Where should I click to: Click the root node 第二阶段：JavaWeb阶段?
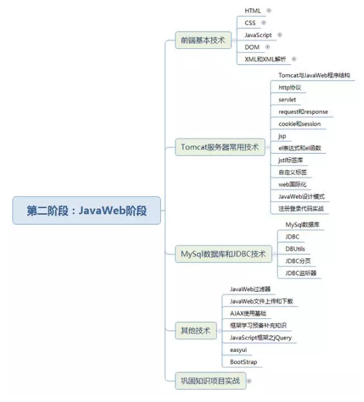[x=87, y=211]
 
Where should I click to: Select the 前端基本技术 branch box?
[x=203, y=40]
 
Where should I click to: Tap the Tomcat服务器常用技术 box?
[x=220, y=147]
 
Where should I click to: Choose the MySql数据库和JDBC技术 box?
[x=223, y=254]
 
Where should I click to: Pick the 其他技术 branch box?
[x=196, y=331]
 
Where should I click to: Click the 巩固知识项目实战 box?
[x=210, y=381]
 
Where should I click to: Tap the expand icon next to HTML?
[x=269, y=11]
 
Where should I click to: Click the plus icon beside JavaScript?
[x=280, y=35]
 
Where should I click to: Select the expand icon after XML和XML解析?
[x=294, y=59]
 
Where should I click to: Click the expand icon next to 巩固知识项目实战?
[x=249, y=381]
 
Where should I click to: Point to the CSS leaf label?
[x=250, y=23]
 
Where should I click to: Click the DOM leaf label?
[x=252, y=47]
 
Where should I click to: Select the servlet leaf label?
[x=287, y=100]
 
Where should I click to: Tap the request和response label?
[x=303, y=111]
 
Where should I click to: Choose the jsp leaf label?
[x=282, y=136]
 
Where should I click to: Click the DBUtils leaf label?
[x=295, y=249]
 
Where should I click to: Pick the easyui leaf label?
[x=238, y=350]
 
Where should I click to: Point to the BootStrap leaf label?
[x=243, y=362]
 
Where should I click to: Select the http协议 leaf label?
[x=290, y=87]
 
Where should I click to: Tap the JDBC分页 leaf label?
[x=298, y=261]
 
